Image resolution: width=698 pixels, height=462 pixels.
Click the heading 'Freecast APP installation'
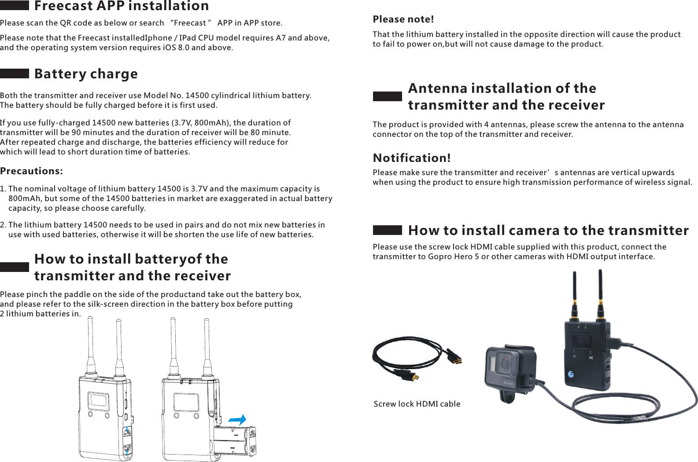point(122,6)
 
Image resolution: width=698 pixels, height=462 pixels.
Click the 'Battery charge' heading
point(86,73)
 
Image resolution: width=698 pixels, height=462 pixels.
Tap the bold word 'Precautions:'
point(31,171)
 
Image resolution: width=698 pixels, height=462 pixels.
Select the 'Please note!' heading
point(403,19)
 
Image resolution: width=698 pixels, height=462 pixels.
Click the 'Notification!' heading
point(412,158)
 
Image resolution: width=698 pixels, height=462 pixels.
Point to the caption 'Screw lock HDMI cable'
point(417,404)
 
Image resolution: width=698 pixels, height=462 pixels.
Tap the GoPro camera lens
point(504,364)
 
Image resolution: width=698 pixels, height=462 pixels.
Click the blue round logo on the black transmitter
point(571,374)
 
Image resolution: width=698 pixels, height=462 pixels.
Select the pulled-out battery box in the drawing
point(235,441)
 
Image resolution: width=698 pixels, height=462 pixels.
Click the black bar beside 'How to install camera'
point(387,230)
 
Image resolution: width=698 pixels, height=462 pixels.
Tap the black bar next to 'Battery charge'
point(15,73)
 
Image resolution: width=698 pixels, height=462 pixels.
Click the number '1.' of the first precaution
point(3,189)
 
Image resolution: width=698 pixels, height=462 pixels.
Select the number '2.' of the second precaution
point(3,225)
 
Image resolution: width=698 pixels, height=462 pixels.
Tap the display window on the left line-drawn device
point(99,400)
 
